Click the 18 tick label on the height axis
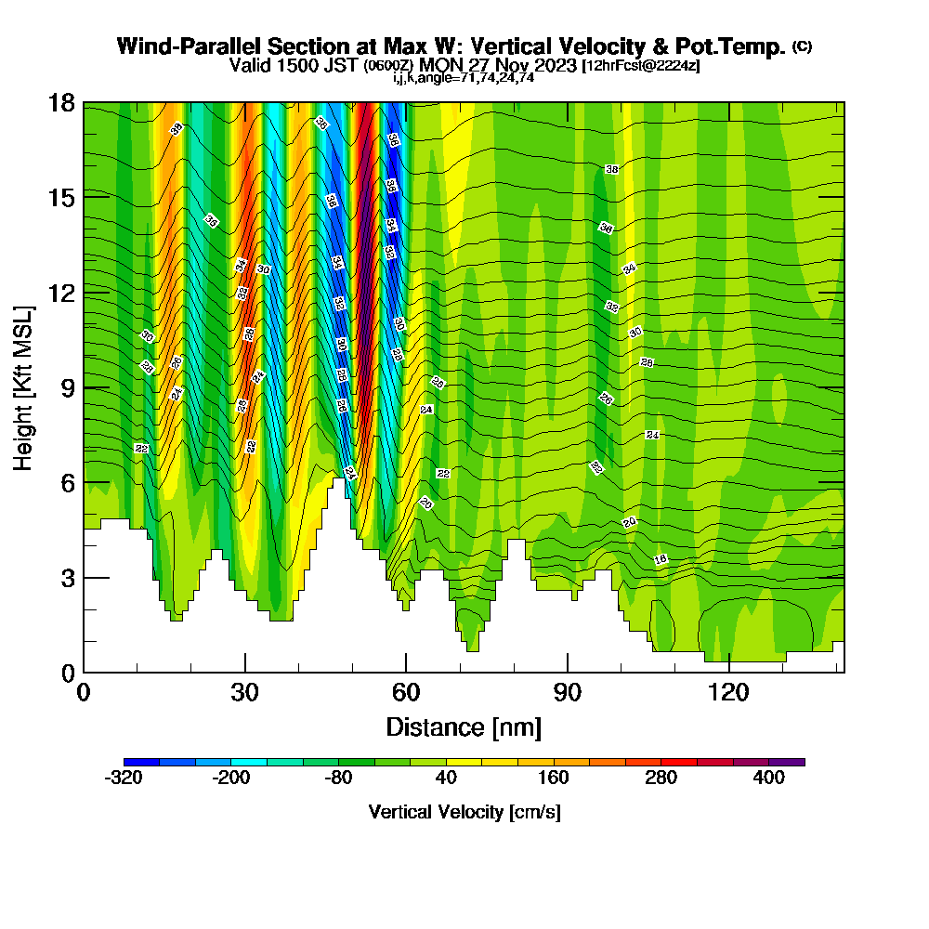(x=61, y=102)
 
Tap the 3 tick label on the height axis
(x=67, y=578)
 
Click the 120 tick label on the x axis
(x=729, y=693)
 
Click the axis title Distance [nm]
(x=464, y=726)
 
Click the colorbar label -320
(x=124, y=779)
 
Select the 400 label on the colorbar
(x=769, y=779)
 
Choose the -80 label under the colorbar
(x=339, y=779)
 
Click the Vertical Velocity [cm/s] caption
(x=464, y=812)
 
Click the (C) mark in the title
(x=802, y=46)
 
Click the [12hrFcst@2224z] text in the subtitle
(x=641, y=66)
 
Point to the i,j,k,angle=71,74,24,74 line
(x=464, y=78)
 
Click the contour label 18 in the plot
(x=661, y=559)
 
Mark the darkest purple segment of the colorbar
(x=787, y=762)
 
